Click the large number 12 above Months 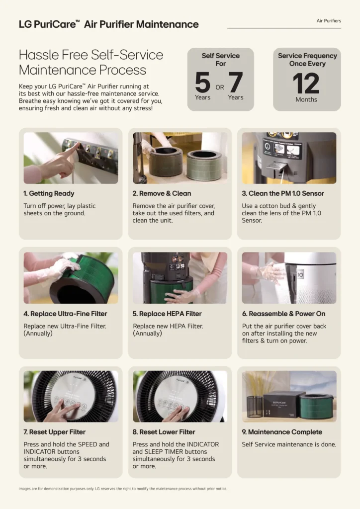coord(306,83)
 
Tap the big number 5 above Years coord(202,83)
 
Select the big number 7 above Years coord(236,83)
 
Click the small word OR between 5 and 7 coord(220,87)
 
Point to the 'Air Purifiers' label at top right coord(329,21)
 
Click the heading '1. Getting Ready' coord(49,193)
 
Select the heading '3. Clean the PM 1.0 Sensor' coord(283,193)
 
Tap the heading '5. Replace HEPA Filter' coord(167,314)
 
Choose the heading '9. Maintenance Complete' coord(282,432)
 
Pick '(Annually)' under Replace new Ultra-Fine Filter coord(38,334)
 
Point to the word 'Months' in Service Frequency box coord(306,99)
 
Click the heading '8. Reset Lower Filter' coord(164,432)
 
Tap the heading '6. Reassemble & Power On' coord(283,314)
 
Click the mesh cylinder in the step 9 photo coord(255,406)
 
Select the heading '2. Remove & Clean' coord(162,193)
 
